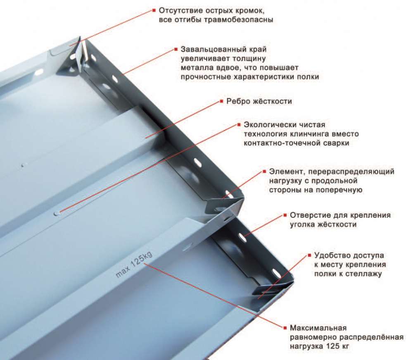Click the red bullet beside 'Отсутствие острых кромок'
[154, 10]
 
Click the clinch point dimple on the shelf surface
[57, 213]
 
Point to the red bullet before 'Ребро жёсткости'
[221, 101]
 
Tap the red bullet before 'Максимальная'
[285, 328]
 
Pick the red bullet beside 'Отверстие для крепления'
[285, 215]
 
